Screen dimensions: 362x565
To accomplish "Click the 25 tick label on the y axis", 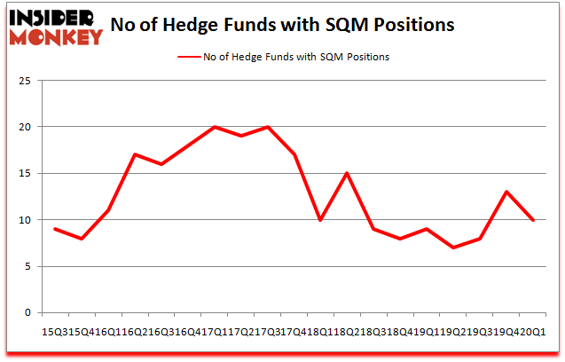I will click(x=25, y=81).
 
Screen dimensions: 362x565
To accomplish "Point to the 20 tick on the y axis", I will click(x=25, y=127).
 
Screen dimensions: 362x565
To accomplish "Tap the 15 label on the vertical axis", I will click(x=25, y=173).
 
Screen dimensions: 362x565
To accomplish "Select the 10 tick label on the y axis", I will click(x=25, y=220).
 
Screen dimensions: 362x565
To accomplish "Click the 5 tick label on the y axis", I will click(x=27, y=266).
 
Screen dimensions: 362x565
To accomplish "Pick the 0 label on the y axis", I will click(x=27, y=312).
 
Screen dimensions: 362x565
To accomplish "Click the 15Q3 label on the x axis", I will click(x=55, y=331).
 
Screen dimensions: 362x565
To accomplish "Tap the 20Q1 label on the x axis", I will click(x=533, y=331).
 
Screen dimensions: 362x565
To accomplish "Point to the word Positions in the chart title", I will click(x=415, y=24).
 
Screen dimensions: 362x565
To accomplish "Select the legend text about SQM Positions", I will click(x=296, y=57).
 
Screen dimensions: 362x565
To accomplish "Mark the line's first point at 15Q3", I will click(x=55, y=229).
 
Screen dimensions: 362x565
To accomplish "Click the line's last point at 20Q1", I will click(x=533, y=220).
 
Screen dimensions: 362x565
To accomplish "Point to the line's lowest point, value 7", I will click(x=453, y=248).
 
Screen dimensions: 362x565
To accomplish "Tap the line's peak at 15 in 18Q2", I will click(x=347, y=173).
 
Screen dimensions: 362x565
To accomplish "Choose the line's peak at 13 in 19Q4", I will click(x=506, y=192).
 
